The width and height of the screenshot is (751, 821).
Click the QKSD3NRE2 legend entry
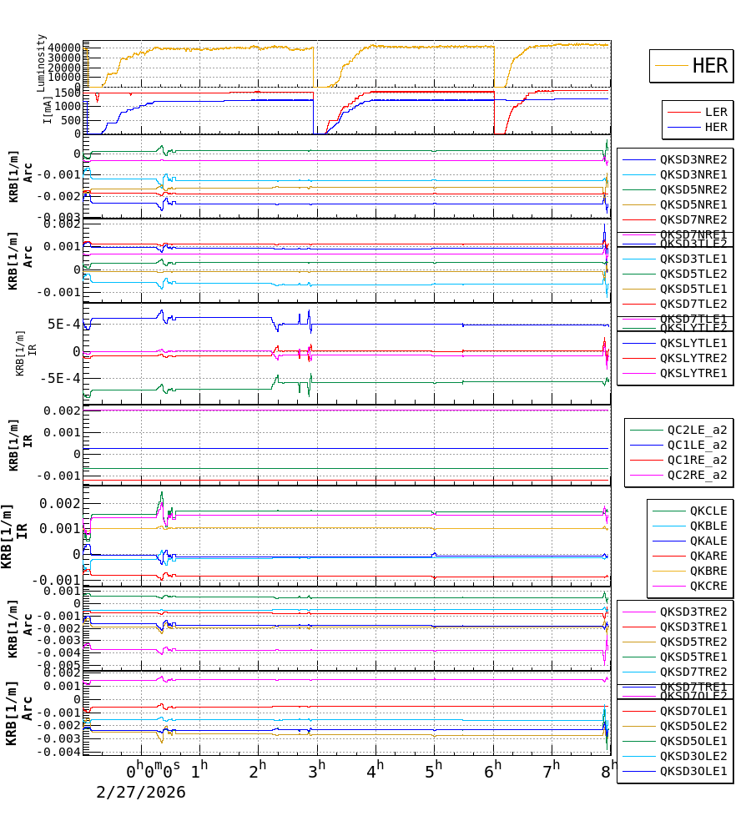click(x=693, y=159)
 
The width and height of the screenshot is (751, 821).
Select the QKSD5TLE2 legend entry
click(x=693, y=274)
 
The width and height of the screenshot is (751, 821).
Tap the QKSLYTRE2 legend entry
click(x=693, y=358)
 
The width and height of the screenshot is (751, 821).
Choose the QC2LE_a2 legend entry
click(x=696, y=431)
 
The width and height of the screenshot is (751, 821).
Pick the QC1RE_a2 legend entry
click(x=696, y=461)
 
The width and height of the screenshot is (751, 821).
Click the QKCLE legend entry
click(x=708, y=511)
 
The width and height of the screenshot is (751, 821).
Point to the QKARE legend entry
click(x=708, y=556)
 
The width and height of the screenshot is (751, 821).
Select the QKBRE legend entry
click(x=708, y=571)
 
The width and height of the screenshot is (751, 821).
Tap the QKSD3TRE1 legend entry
click(x=693, y=627)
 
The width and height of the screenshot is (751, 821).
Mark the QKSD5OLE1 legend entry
click(x=693, y=741)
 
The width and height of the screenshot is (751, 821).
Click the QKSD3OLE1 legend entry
click(x=693, y=771)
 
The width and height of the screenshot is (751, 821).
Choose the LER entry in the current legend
click(x=715, y=112)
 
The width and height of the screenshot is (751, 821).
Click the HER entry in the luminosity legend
click(x=709, y=66)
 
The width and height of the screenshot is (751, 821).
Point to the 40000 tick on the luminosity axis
click(x=63, y=48)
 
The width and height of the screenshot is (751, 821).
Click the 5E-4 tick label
click(x=63, y=325)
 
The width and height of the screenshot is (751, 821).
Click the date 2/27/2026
click(x=141, y=793)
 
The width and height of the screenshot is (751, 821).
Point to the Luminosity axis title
click(x=42, y=63)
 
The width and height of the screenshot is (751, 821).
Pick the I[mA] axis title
click(x=48, y=110)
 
